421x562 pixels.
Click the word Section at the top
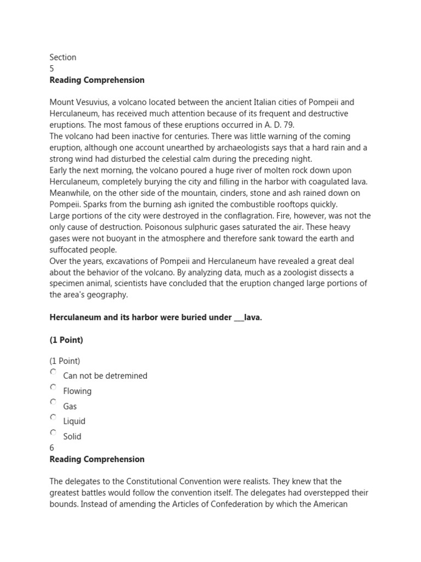[x=62, y=57]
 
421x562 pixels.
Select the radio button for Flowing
[x=53, y=387]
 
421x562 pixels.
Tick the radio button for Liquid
[x=53, y=417]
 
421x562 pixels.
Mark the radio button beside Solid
[x=53, y=432]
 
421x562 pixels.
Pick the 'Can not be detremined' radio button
[x=53, y=372]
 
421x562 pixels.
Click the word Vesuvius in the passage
[x=96, y=102]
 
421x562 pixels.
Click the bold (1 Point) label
[x=66, y=340]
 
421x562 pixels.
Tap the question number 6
[x=52, y=448]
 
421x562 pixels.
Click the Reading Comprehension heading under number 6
[x=97, y=459]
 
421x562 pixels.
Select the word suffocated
[x=71, y=250]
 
